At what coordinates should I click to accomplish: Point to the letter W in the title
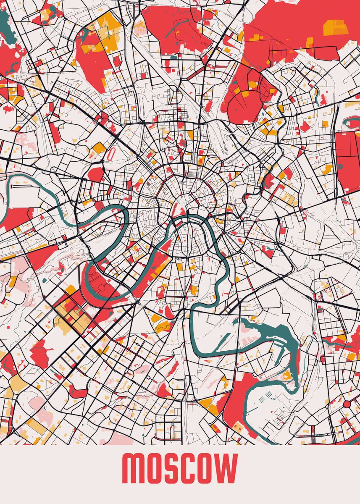pyautogui.click(x=227, y=468)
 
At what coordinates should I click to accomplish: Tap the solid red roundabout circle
pyautogui.click(x=347, y=404)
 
